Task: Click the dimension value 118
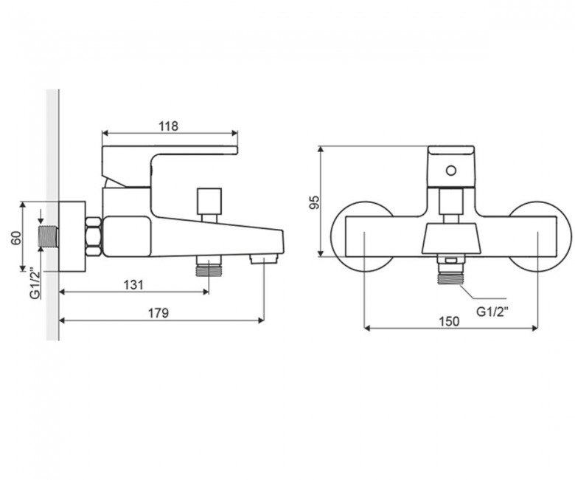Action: click(x=168, y=126)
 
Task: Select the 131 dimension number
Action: click(x=133, y=284)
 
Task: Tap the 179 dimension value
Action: click(x=158, y=313)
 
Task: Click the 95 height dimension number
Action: click(x=315, y=202)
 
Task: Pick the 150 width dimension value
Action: click(x=449, y=321)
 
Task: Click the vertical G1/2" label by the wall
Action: click(x=35, y=284)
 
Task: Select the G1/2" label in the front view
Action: click(x=492, y=312)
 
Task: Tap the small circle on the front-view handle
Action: click(x=450, y=171)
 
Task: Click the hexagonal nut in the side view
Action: click(x=94, y=236)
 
